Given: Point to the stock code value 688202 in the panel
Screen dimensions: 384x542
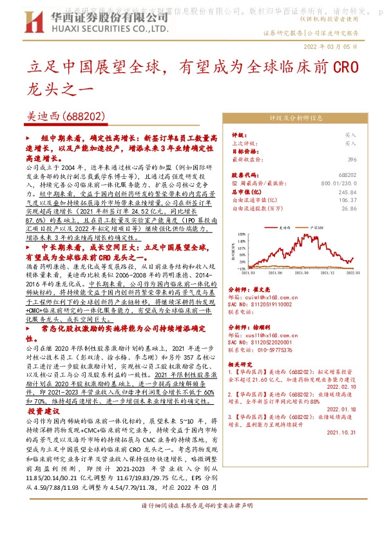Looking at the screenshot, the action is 347,175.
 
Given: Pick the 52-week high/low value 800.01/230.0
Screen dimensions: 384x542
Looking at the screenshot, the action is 337,183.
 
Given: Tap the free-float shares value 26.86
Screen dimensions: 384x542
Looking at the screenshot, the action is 349,209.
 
